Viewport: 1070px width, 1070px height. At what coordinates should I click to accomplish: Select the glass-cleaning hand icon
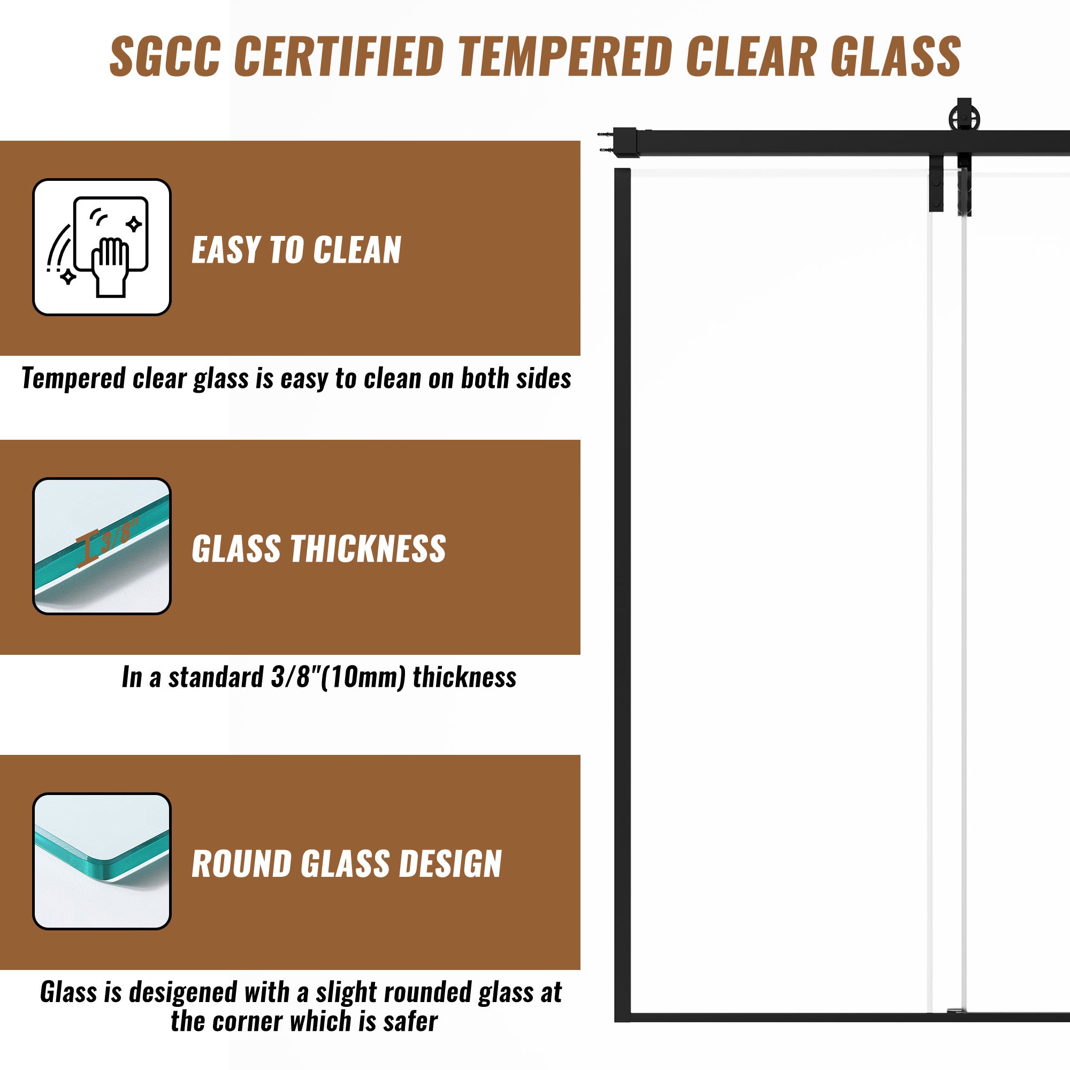(x=102, y=247)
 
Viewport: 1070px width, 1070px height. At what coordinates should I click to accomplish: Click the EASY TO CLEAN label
(x=296, y=250)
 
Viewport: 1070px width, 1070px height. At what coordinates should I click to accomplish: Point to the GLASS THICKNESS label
(x=319, y=549)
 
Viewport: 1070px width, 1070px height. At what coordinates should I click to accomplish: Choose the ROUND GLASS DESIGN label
(x=347, y=864)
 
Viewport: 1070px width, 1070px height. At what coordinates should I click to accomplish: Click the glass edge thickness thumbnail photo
(x=102, y=546)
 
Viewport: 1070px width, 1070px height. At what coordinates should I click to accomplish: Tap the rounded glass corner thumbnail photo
(x=102, y=861)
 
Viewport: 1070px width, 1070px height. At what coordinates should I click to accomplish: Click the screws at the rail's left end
(x=605, y=141)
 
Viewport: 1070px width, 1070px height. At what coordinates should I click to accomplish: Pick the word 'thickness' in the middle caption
(x=464, y=677)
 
